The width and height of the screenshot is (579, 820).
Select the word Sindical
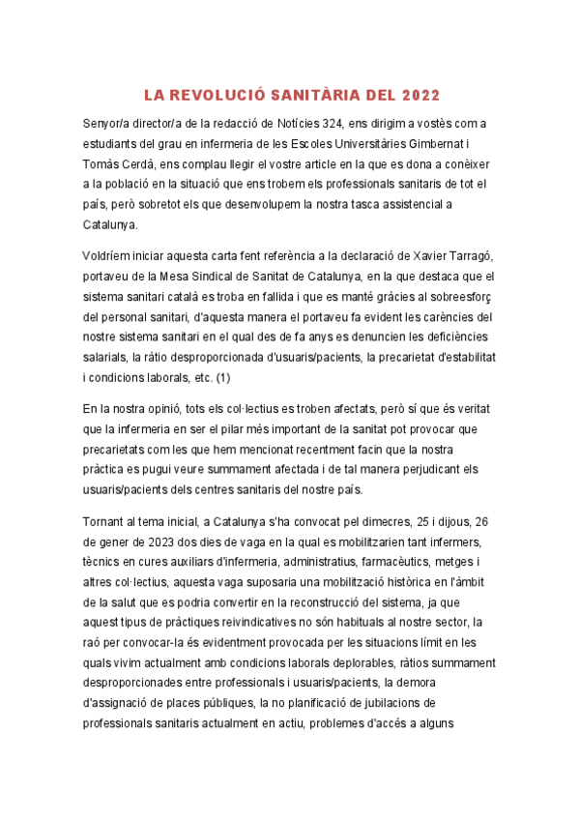click(198, 275)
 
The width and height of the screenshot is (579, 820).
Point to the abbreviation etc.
click(198, 376)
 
